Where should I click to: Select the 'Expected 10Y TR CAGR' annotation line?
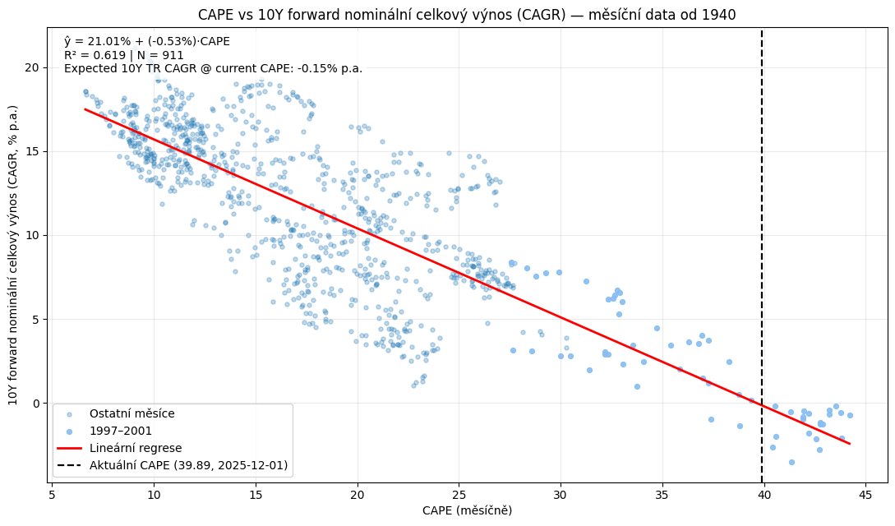point(213,69)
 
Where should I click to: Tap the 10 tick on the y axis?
point(35,235)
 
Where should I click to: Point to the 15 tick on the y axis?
point(35,151)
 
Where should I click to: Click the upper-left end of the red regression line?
point(85,108)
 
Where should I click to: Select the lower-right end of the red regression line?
point(850,444)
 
